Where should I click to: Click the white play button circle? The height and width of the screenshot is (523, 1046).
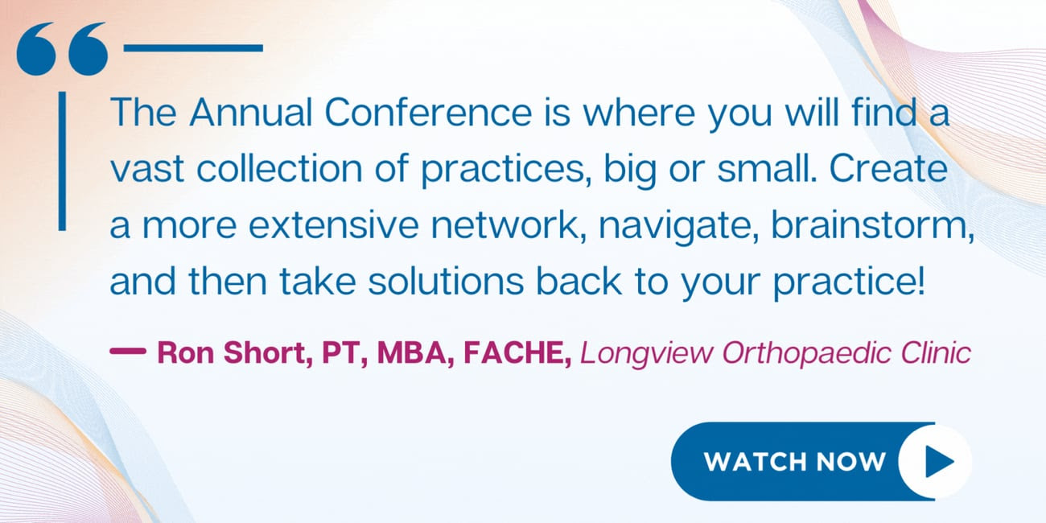tap(935, 461)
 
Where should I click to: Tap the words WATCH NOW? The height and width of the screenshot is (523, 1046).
tap(795, 462)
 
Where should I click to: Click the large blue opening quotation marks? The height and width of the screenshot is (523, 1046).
tap(62, 49)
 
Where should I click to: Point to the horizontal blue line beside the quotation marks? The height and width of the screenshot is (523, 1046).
tap(193, 47)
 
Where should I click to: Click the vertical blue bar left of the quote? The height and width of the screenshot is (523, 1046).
tap(62, 161)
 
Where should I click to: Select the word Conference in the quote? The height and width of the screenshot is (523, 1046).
tap(428, 113)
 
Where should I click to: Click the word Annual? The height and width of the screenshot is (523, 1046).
tap(251, 113)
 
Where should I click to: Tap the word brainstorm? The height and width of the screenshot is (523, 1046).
tap(868, 225)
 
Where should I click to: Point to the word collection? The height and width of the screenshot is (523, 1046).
tap(279, 169)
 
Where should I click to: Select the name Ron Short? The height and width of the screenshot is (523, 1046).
tap(231, 352)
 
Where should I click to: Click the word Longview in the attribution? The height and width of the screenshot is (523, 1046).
tap(647, 353)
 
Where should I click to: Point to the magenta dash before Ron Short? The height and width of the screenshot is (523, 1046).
tap(128, 351)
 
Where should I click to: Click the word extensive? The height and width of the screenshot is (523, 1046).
tap(334, 225)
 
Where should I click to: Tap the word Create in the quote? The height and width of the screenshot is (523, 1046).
tap(888, 169)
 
